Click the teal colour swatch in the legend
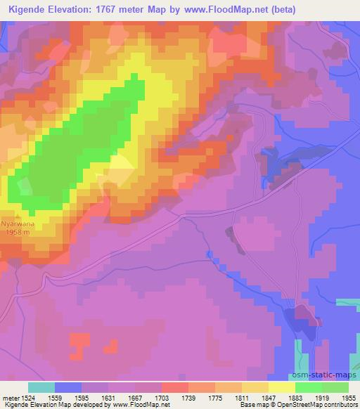click(41, 387)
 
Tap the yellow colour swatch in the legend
click(282, 387)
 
